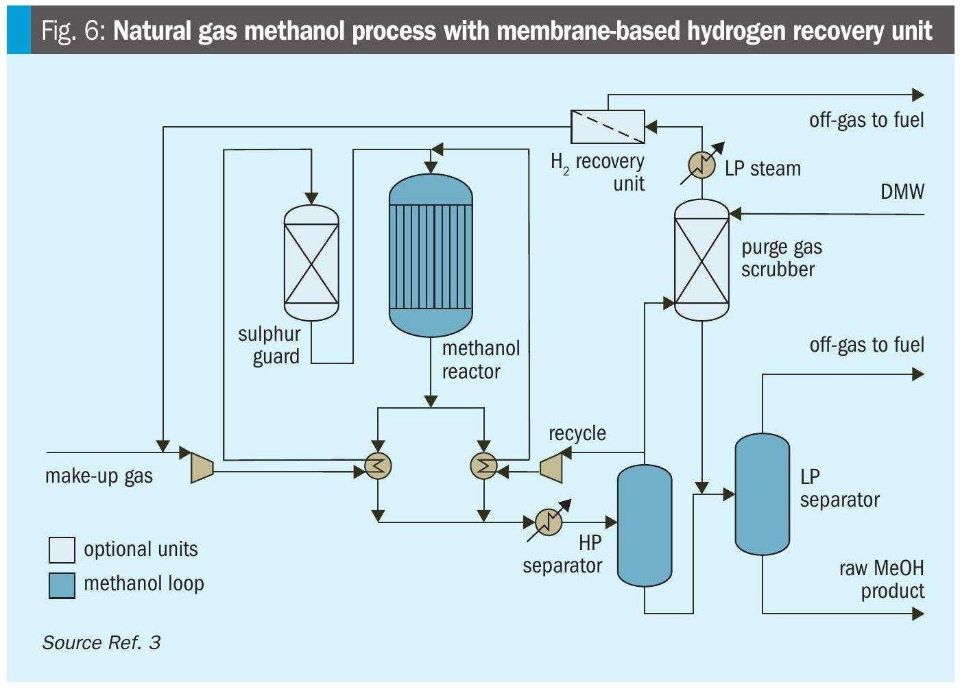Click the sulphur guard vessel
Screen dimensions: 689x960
tap(311, 263)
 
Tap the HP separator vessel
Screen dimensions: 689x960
tap(645, 524)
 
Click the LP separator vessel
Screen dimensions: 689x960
tap(762, 494)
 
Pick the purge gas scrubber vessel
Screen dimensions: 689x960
tap(701, 260)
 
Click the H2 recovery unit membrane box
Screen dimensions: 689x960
tap(608, 127)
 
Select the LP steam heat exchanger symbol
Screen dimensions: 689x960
tap(701, 165)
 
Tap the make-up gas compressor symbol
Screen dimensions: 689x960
tap(202, 467)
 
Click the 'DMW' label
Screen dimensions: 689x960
tap(902, 191)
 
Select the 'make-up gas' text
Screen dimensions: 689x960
tap(99, 476)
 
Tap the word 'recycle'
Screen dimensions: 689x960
tap(577, 433)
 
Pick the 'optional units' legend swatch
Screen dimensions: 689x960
tap(62, 550)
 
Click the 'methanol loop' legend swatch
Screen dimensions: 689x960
tap(62, 585)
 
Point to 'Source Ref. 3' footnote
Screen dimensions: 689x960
tap(101, 642)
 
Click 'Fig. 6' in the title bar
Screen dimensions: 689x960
tap(72, 31)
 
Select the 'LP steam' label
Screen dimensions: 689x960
tap(763, 169)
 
